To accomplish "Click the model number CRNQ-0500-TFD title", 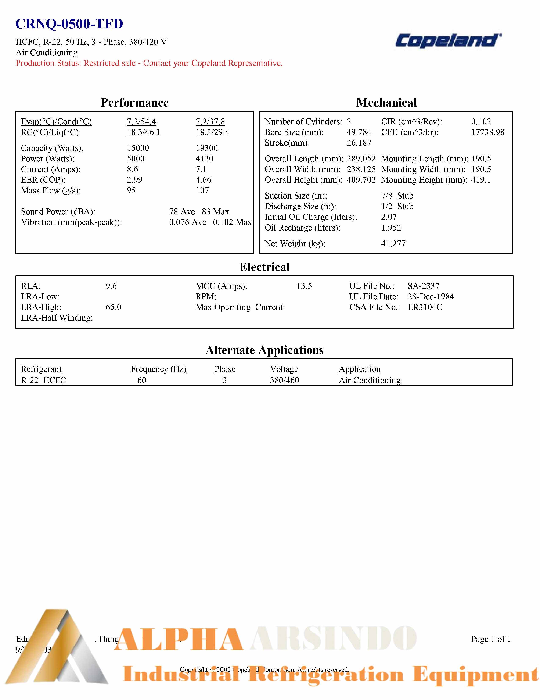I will (69, 24).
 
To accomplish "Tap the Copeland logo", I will (448, 41).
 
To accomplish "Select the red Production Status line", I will (149, 63).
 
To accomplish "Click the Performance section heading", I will (134, 103).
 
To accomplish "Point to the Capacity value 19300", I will (207, 148).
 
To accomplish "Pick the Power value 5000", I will (136, 159).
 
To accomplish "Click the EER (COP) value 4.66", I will (203, 180).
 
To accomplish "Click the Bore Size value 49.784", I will (359, 132).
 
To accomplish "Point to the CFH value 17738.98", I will (487, 132).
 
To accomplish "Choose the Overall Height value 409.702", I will (361, 180).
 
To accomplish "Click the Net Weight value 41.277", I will (393, 244).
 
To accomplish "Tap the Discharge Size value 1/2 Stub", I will (397, 206).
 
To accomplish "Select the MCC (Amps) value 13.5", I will (304, 286).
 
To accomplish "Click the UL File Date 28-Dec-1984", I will (431, 296).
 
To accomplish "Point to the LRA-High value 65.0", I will (113, 307).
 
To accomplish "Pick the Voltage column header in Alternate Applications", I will (284, 369).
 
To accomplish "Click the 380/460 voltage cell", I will (284, 380).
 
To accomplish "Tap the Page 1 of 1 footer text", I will (490, 639).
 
